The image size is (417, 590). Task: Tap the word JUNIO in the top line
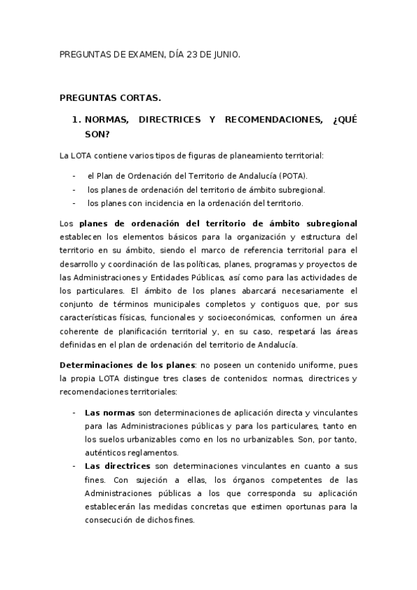[225, 54]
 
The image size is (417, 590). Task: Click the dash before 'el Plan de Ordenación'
[74, 176]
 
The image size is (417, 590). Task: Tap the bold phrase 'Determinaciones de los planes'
[128, 365]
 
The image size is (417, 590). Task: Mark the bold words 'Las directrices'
[118, 465]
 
